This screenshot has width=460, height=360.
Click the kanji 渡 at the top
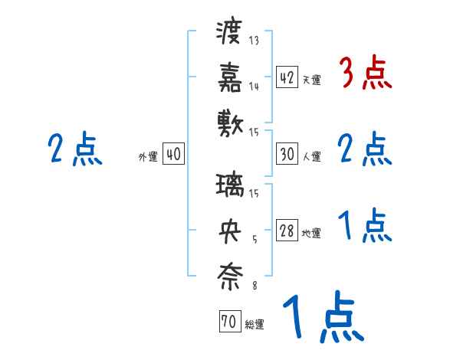tap(229, 34)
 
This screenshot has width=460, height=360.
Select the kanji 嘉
tap(229, 77)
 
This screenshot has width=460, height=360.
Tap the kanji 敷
tap(229, 121)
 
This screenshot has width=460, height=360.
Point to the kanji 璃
tap(229, 187)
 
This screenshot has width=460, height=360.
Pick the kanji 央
tap(229, 231)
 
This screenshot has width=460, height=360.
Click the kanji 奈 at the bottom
tap(229, 274)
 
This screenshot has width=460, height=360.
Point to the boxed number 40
tap(173, 154)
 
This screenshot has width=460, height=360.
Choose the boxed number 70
tap(229, 322)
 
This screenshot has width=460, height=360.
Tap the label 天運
tap(311, 80)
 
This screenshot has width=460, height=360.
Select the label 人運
tap(311, 156)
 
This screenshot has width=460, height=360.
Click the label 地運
tap(311, 234)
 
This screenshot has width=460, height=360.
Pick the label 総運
tap(254, 325)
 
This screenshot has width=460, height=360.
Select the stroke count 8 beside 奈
tap(254, 285)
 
